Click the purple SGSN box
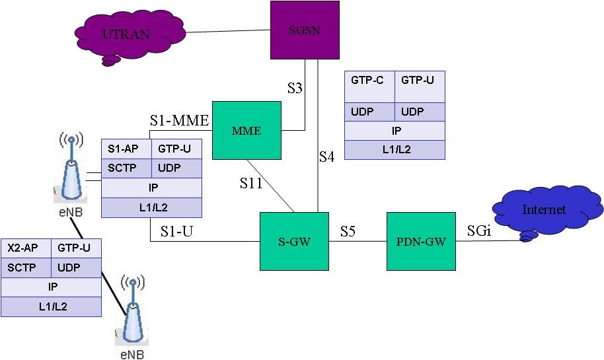pos(305,29)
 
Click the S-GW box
pos(294,241)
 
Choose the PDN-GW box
pos(421,241)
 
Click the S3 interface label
pos(294,87)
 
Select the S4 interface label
pos(327,157)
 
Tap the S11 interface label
pos(251,183)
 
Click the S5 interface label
pos(348,231)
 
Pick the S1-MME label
pos(178,120)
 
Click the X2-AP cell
pos(26,248)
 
